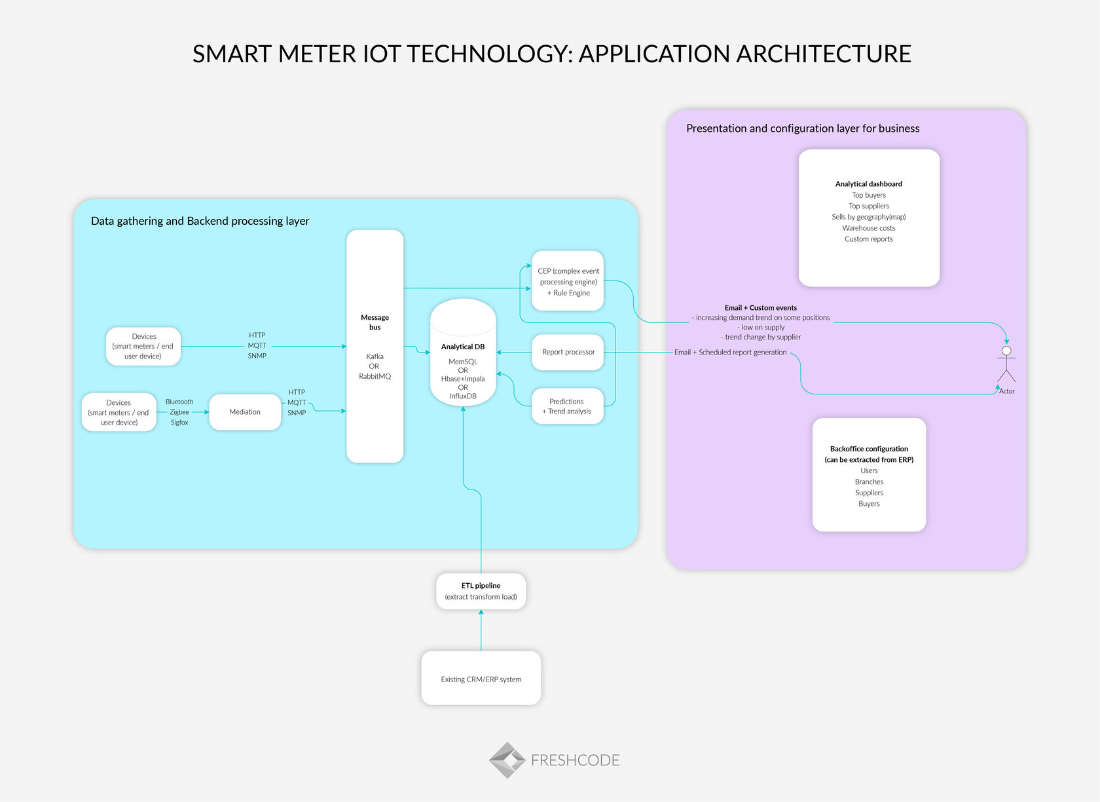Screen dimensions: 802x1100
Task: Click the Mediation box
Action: (x=245, y=411)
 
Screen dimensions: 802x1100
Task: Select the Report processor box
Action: (x=568, y=352)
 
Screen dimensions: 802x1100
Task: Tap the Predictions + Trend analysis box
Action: (x=567, y=406)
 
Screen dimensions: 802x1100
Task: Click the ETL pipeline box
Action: (x=481, y=591)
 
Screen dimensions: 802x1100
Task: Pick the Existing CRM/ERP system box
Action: (x=481, y=679)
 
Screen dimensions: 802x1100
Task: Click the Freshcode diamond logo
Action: (x=507, y=760)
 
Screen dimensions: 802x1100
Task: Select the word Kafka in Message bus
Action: (x=375, y=356)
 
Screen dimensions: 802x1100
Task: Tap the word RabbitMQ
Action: (x=375, y=376)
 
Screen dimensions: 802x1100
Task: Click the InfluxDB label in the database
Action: (x=463, y=396)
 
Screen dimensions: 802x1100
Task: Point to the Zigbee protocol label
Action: (x=179, y=412)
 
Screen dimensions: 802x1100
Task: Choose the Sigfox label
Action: (x=179, y=423)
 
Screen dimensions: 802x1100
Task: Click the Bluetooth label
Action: (x=179, y=402)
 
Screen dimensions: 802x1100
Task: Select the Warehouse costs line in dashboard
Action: (x=868, y=228)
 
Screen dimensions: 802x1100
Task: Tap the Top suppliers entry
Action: (x=868, y=206)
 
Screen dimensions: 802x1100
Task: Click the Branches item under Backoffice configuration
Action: (x=869, y=482)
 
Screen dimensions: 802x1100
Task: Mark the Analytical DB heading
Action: (x=463, y=347)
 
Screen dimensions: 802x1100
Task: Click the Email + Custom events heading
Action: (x=760, y=307)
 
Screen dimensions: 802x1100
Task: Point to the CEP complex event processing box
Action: (x=568, y=281)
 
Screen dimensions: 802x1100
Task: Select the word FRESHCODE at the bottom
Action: (x=575, y=760)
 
